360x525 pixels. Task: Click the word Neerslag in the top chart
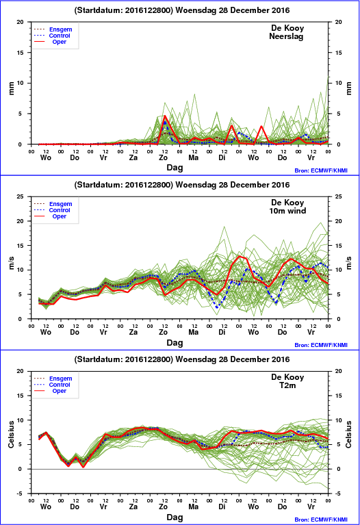coord(286,36)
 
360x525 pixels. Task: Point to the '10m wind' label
coord(287,211)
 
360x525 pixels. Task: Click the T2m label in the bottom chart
coord(287,385)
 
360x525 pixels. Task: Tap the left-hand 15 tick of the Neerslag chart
coord(21,53)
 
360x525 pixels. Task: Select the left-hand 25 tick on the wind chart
coord(21,196)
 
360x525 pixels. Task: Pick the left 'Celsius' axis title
coord(11,434)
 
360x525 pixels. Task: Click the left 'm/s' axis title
coord(11,263)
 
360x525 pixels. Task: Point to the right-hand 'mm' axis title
coord(349,88)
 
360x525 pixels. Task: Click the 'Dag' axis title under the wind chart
coord(175,342)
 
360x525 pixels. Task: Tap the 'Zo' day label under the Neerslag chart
coord(163,157)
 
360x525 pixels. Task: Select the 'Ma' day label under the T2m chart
coord(193,507)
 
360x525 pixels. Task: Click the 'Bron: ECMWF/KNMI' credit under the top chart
coord(321,170)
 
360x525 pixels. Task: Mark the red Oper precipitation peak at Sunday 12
coord(165,116)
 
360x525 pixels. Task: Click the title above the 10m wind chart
coord(182,185)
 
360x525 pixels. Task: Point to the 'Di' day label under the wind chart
coord(222,332)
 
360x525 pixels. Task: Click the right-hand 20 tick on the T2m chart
coord(339,371)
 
